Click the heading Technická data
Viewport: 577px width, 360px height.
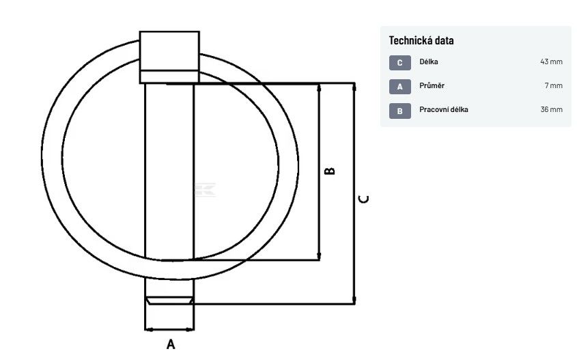point(421,40)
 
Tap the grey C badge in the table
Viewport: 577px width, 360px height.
point(400,63)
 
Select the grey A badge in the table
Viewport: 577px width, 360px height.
point(400,87)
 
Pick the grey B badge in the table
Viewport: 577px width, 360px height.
point(400,111)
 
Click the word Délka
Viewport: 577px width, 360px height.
point(429,61)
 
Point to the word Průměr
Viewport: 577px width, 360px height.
point(432,85)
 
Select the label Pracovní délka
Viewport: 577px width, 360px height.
point(444,109)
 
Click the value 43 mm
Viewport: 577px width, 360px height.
point(551,61)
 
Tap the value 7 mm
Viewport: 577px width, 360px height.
point(554,85)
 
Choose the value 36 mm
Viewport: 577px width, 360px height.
point(551,109)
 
